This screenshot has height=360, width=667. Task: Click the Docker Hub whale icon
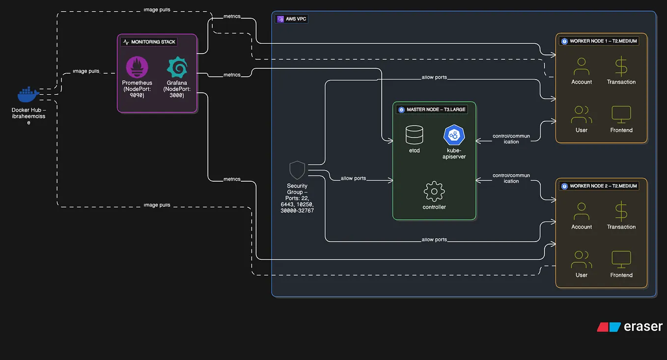[28, 94]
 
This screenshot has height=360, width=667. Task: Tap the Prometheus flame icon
[137, 67]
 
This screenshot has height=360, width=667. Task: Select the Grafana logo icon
[177, 67]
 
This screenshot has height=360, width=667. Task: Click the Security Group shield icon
[297, 170]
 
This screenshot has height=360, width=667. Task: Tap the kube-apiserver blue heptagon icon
[454, 135]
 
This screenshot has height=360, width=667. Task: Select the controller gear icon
[434, 192]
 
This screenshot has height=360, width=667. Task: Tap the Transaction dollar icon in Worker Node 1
[621, 67]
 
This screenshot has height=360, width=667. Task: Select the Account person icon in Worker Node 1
[582, 67]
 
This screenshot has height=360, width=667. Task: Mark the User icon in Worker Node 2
[582, 260]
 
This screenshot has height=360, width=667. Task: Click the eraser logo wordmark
[630, 327]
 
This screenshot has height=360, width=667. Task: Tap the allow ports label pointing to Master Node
[353, 178]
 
